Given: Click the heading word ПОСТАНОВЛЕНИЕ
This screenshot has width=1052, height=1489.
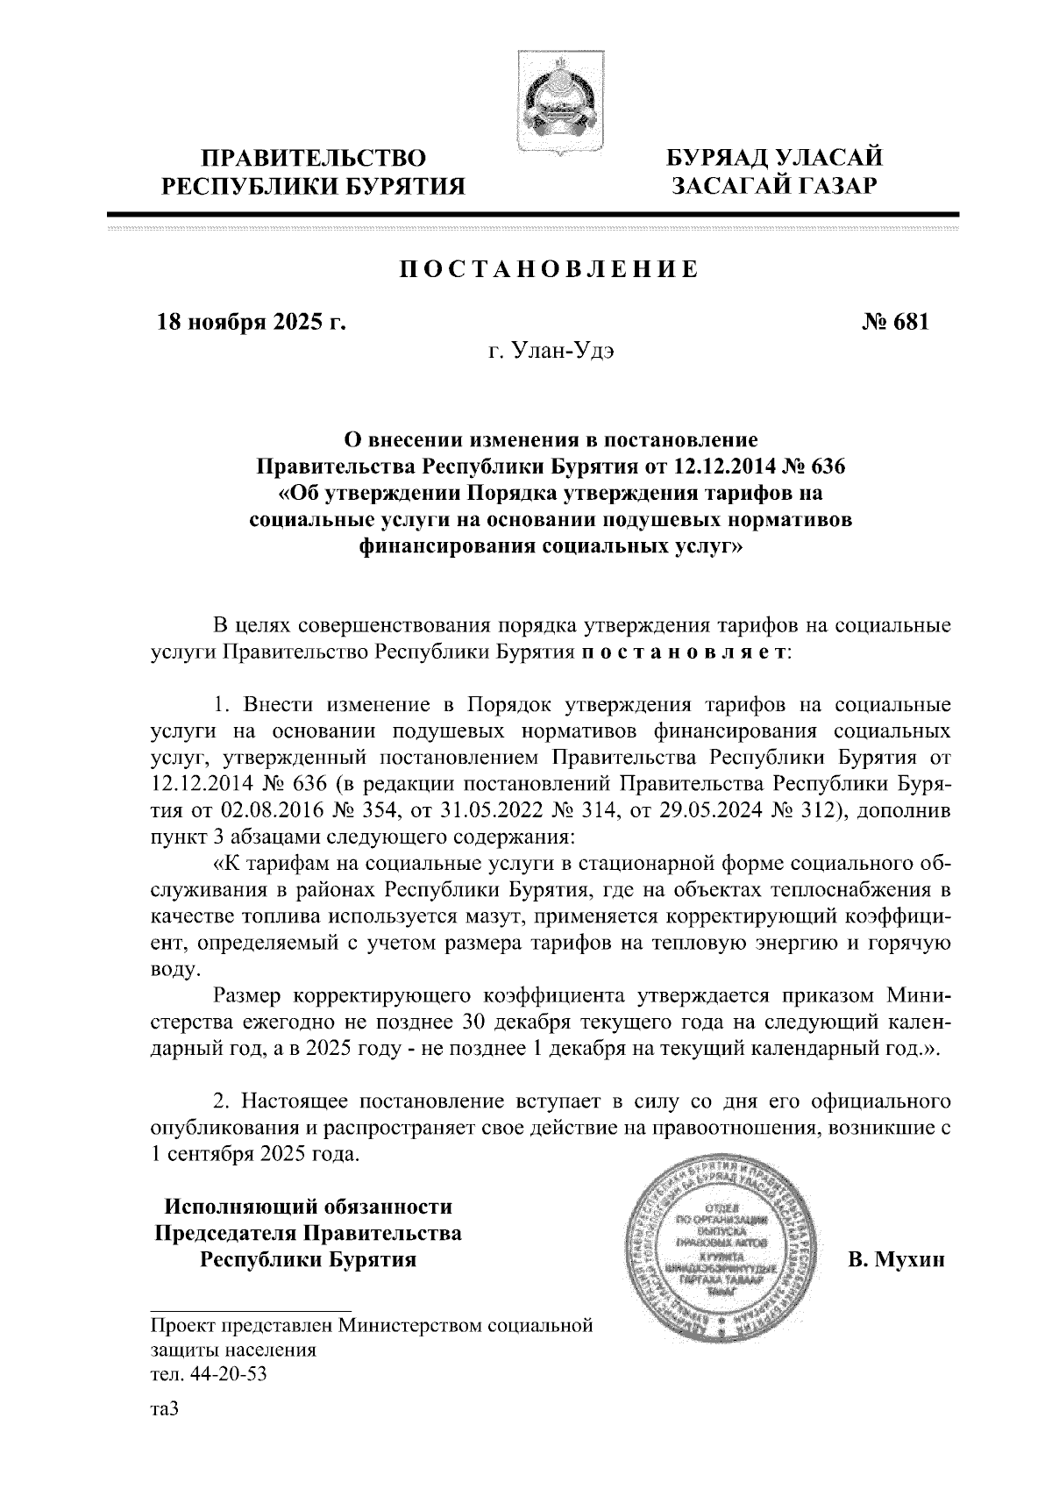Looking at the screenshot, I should click(549, 269).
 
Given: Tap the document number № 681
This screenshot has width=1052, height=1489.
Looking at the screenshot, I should click(894, 323).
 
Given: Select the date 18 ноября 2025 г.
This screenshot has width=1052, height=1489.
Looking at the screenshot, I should click(252, 323).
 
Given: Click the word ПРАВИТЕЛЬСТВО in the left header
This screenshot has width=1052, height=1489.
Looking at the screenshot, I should click(315, 159).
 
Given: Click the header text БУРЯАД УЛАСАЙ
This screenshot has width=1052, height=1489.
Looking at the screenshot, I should click(774, 159).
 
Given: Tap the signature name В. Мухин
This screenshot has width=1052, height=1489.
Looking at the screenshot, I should click(896, 1261).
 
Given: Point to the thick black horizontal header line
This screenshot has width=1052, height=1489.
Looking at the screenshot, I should click(533, 215).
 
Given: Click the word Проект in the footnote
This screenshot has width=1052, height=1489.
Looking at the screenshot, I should click(182, 1325).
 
